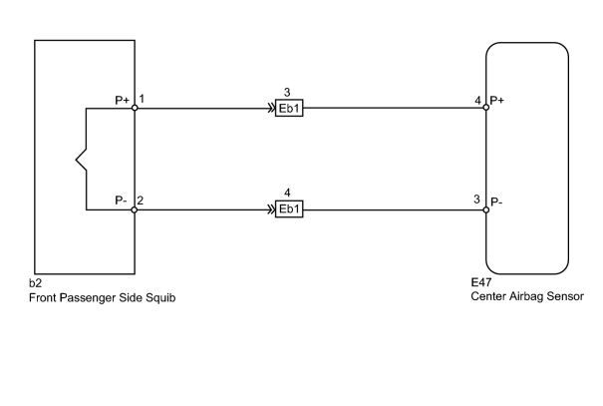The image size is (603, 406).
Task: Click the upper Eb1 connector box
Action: tap(289, 108)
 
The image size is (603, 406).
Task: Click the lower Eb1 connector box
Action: tap(289, 208)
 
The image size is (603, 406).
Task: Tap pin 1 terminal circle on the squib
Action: tap(135, 108)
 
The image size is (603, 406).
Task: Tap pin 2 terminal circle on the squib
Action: tap(135, 209)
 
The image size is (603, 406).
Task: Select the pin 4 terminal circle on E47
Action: tap(486, 108)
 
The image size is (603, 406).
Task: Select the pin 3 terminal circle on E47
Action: tap(486, 209)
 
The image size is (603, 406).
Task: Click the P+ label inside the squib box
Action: tap(123, 100)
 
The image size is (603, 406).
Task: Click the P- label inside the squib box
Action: tap(121, 201)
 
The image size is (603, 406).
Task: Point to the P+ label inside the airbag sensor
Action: tap(497, 101)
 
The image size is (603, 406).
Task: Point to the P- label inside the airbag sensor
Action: tap(496, 202)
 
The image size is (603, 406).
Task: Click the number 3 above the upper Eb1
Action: tap(287, 93)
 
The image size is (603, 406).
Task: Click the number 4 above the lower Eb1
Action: tap(287, 193)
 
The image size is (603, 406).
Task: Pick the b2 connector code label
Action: tap(35, 283)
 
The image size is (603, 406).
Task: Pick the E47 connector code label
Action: tap(481, 282)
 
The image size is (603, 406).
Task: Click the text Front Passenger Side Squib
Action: tap(103, 298)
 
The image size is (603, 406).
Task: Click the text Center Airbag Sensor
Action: tap(527, 296)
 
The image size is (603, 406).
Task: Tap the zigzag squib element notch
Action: tap(76, 159)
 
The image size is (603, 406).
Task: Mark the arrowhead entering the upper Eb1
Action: tap(271, 108)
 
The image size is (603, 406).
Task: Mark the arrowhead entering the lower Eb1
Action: tap(271, 209)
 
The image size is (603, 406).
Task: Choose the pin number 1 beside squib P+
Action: tap(142, 99)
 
